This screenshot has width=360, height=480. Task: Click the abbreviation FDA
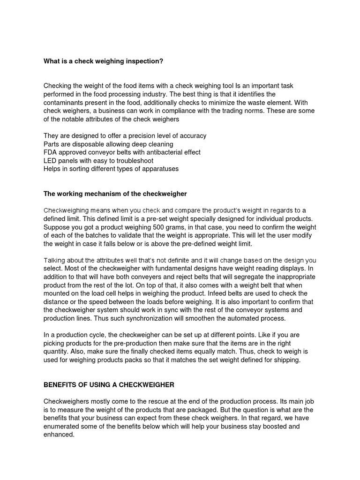click(x=50, y=152)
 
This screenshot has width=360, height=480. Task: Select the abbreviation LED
click(x=50, y=161)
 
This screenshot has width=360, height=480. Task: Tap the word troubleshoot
click(x=134, y=161)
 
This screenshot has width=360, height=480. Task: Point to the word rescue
click(x=163, y=402)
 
